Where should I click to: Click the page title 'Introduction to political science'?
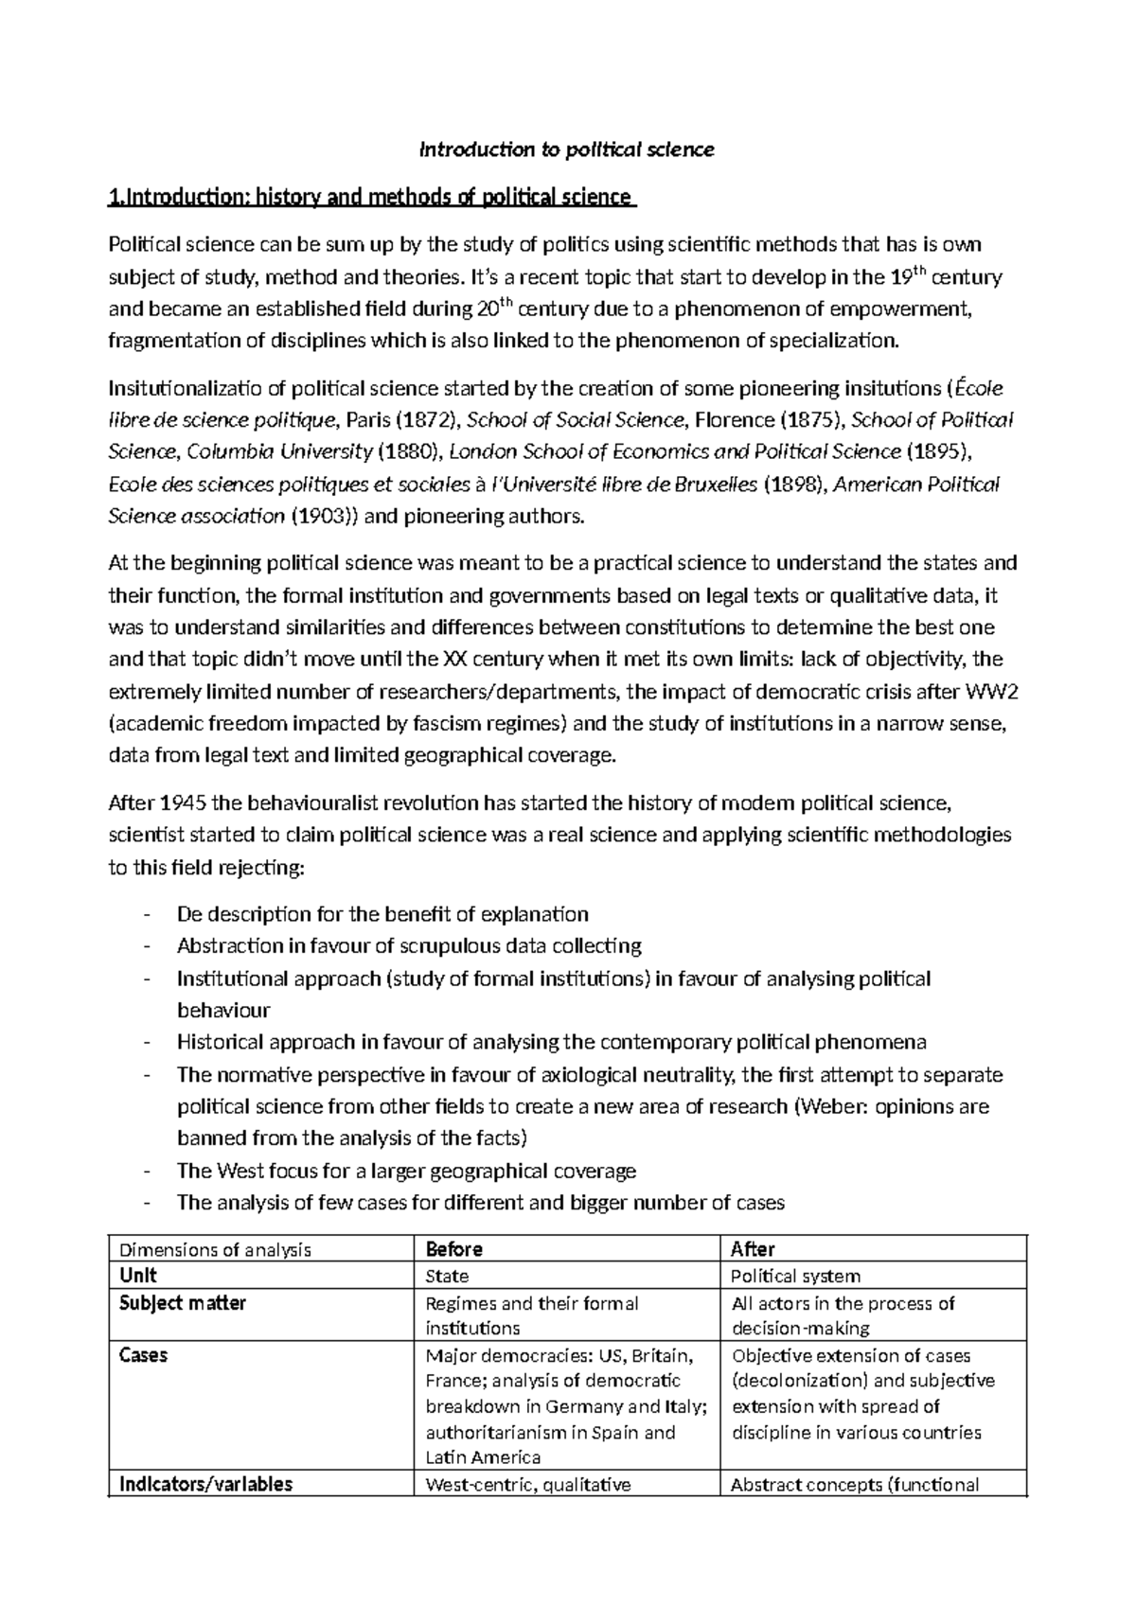pyautogui.click(x=567, y=150)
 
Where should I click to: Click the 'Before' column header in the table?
pyautogui.click(x=454, y=1249)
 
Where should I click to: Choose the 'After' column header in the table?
pyautogui.click(x=754, y=1249)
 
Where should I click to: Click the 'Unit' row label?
pyautogui.click(x=138, y=1276)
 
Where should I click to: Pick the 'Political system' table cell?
pyautogui.click(x=796, y=1277)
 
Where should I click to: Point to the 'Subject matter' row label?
pyautogui.click(x=183, y=1303)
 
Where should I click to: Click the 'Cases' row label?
pyautogui.click(x=144, y=1355)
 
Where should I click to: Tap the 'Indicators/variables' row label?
pyautogui.click(x=206, y=1484)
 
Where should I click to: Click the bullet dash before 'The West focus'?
pyautogui.click(x=145, y=1172)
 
